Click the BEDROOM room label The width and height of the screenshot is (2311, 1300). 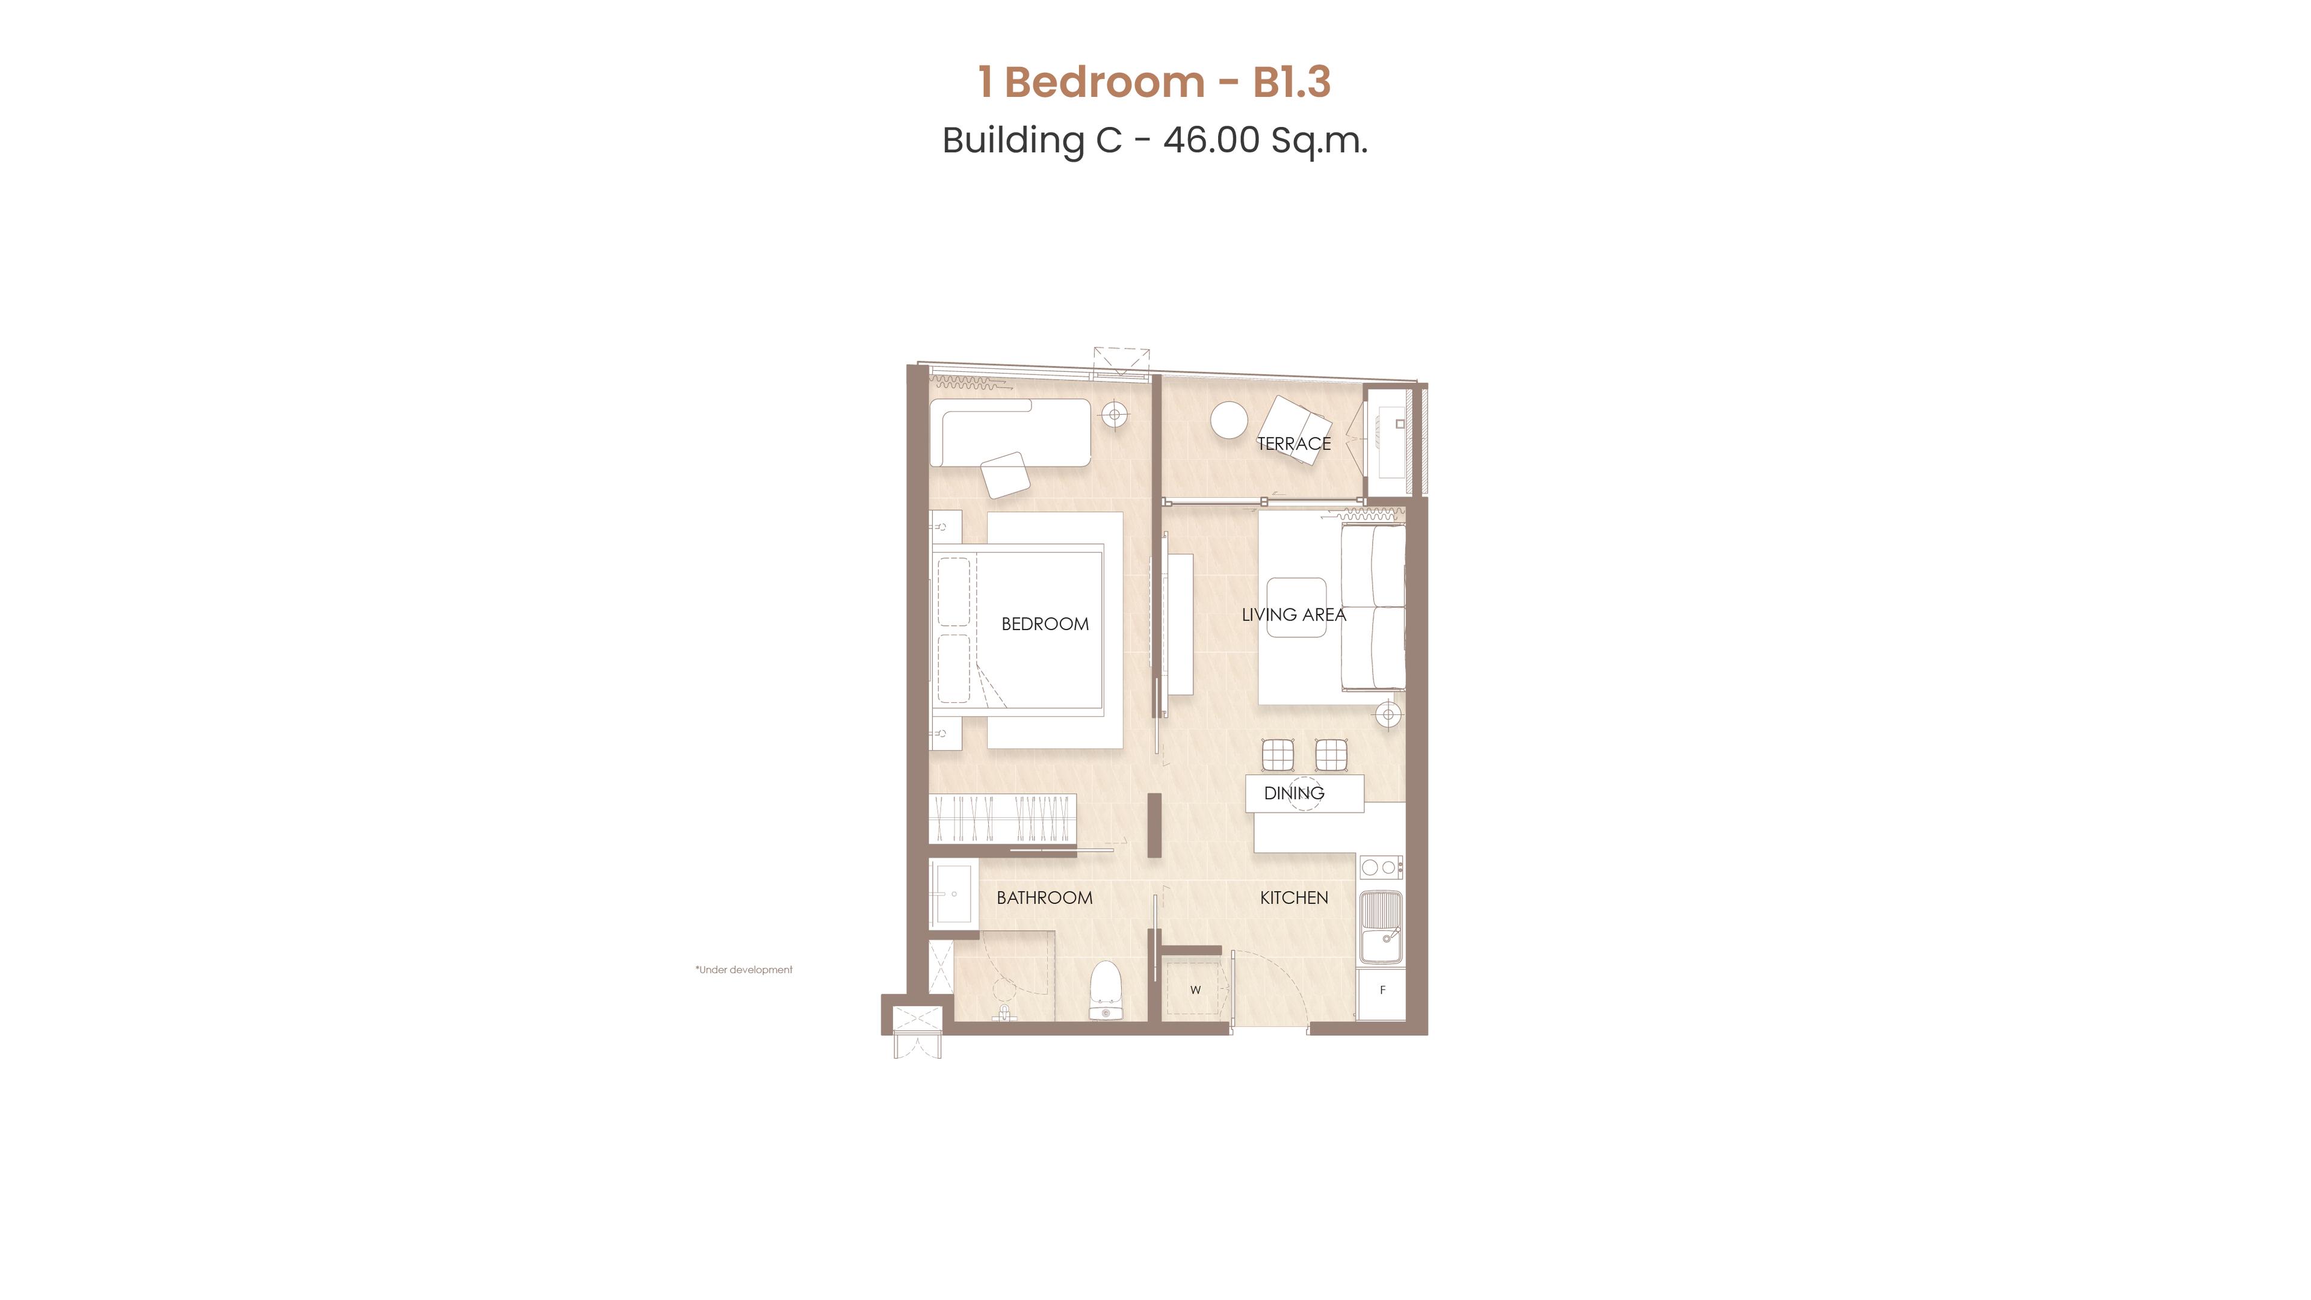tap(1045, 624)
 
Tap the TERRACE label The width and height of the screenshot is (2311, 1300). tap(1294, 443)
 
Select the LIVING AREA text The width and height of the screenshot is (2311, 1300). tap(1294, 614)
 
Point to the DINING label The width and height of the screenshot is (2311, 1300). tap(1294, 793)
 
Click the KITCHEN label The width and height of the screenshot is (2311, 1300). tap(1294, 897)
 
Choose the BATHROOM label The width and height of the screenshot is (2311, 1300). tap(1044, 897)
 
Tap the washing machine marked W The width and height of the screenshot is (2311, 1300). tap(1196, 989)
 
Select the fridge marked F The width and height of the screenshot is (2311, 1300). tap(1382, 992)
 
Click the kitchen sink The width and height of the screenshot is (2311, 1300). tap(1382, 927)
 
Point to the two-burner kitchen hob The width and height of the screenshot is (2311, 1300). tap(1382, 867)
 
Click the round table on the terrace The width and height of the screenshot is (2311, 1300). tap(1229, 420)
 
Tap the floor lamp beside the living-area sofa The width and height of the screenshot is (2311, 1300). tap(1389, 715)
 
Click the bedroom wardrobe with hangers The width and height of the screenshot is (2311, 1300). tap(1002, 819)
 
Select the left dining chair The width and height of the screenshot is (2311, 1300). tap(1278, 755)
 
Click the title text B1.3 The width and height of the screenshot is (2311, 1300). tap(1292, 82)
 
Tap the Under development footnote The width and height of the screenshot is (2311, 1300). tap(744, 970)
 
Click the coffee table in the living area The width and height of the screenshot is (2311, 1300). tap(1296, 607)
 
